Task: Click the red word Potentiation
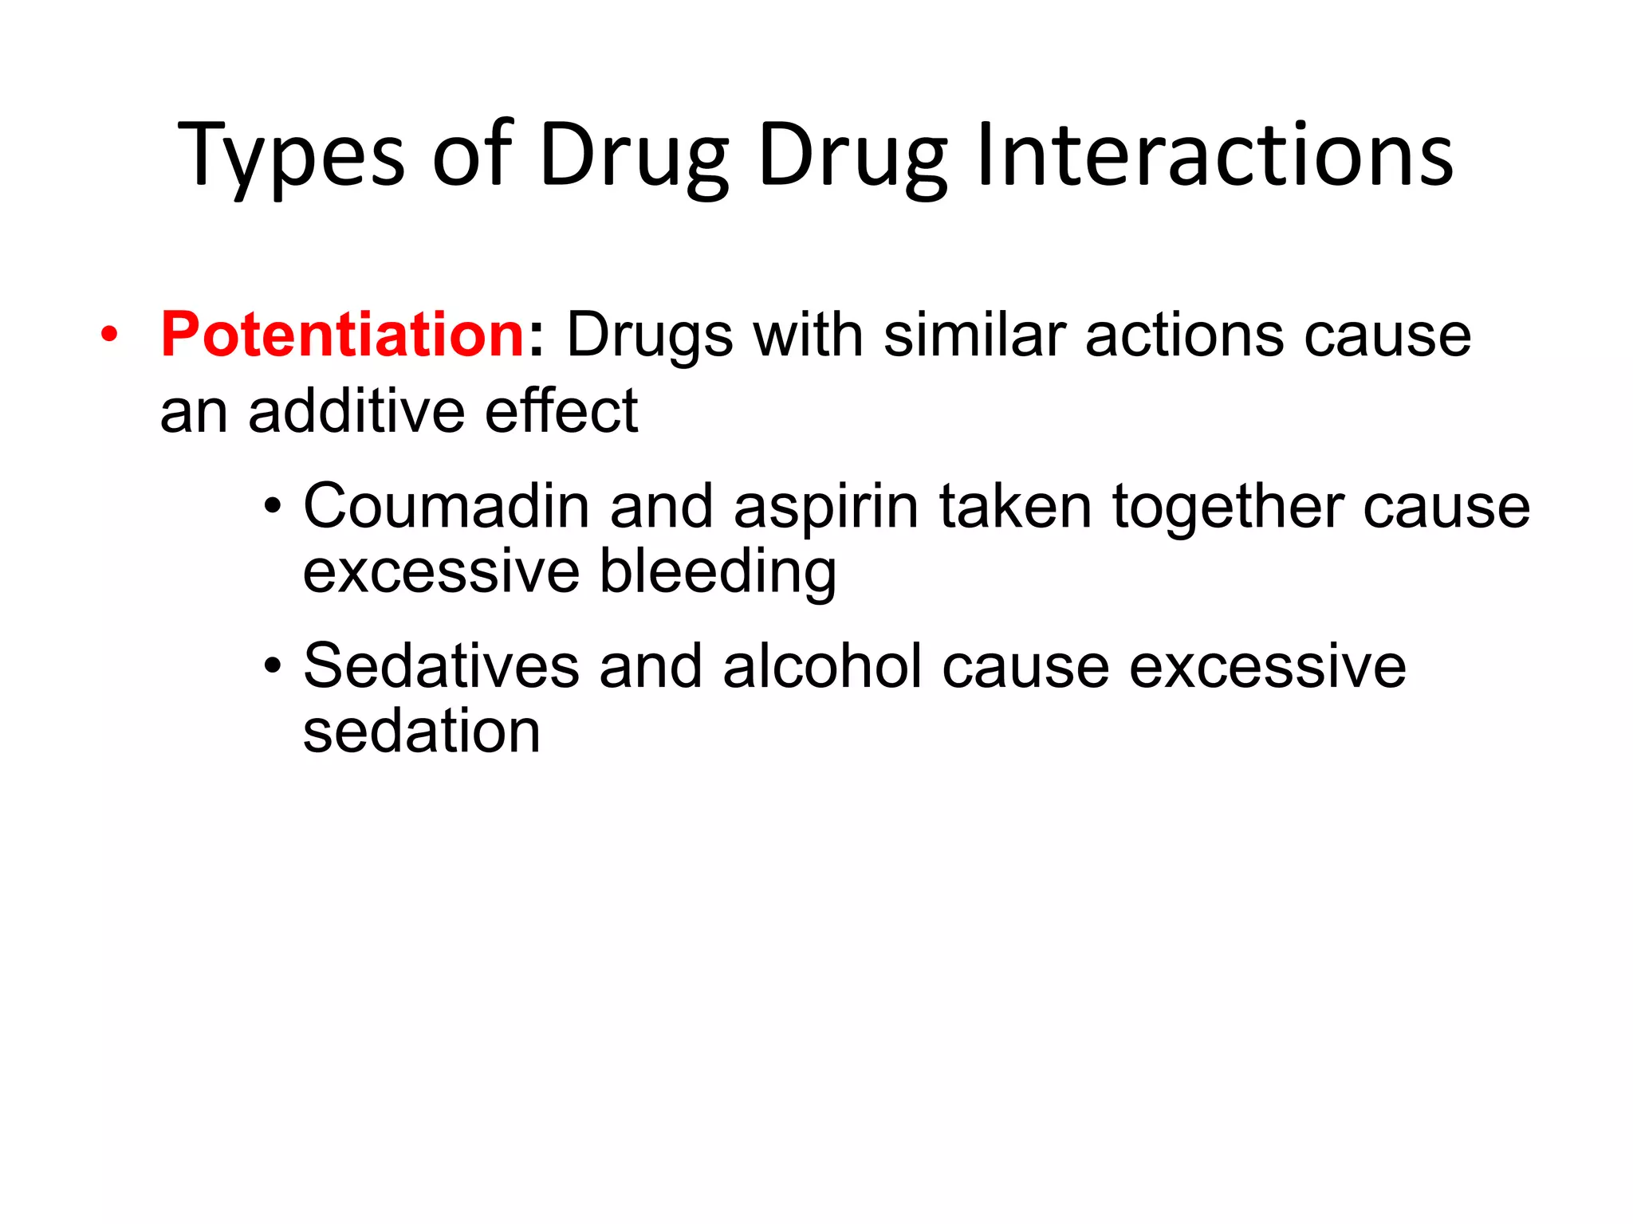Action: coord(341,335)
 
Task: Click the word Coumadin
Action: coord(446,507)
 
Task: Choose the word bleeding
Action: coord(718,572)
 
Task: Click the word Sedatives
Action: coord(441,666)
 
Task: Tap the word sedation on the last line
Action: coord(422,732)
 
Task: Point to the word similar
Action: coord(974,335)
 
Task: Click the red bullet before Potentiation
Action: coord(109,335)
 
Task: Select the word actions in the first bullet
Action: coord(1184,335)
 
